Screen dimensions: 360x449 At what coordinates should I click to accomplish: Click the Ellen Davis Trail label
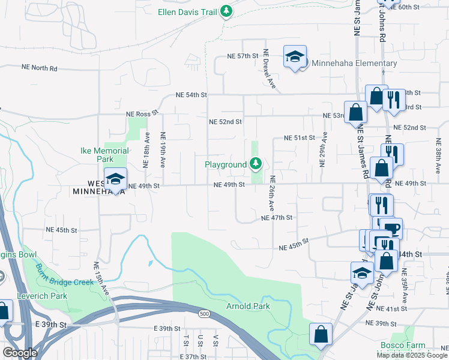pyautogui.click(x=187, y=12)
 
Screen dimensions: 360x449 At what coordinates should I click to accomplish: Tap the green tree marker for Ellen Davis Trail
pyautogui.click(x=226, y=11)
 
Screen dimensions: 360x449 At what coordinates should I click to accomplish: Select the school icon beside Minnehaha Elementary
pyautogui.click(x=295, y=58)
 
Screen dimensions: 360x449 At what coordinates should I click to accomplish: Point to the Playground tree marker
pyautogui.click(x=256, y=164)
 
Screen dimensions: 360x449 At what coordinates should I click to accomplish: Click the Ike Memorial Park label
pyautogui.click(x=105, y=155)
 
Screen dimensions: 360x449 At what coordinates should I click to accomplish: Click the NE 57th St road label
pyautogui.click(x=243, y=56)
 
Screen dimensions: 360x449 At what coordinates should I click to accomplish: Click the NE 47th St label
pyautogui.click(x=276, y=218)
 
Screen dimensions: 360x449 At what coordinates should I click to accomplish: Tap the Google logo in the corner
pyautogui.click(x=19, y=353)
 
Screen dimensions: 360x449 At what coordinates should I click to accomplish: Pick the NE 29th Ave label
pyautogui.click(x=324, y=154)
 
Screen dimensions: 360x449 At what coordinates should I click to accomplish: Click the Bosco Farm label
pyautogui.click(x=402, y=346)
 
